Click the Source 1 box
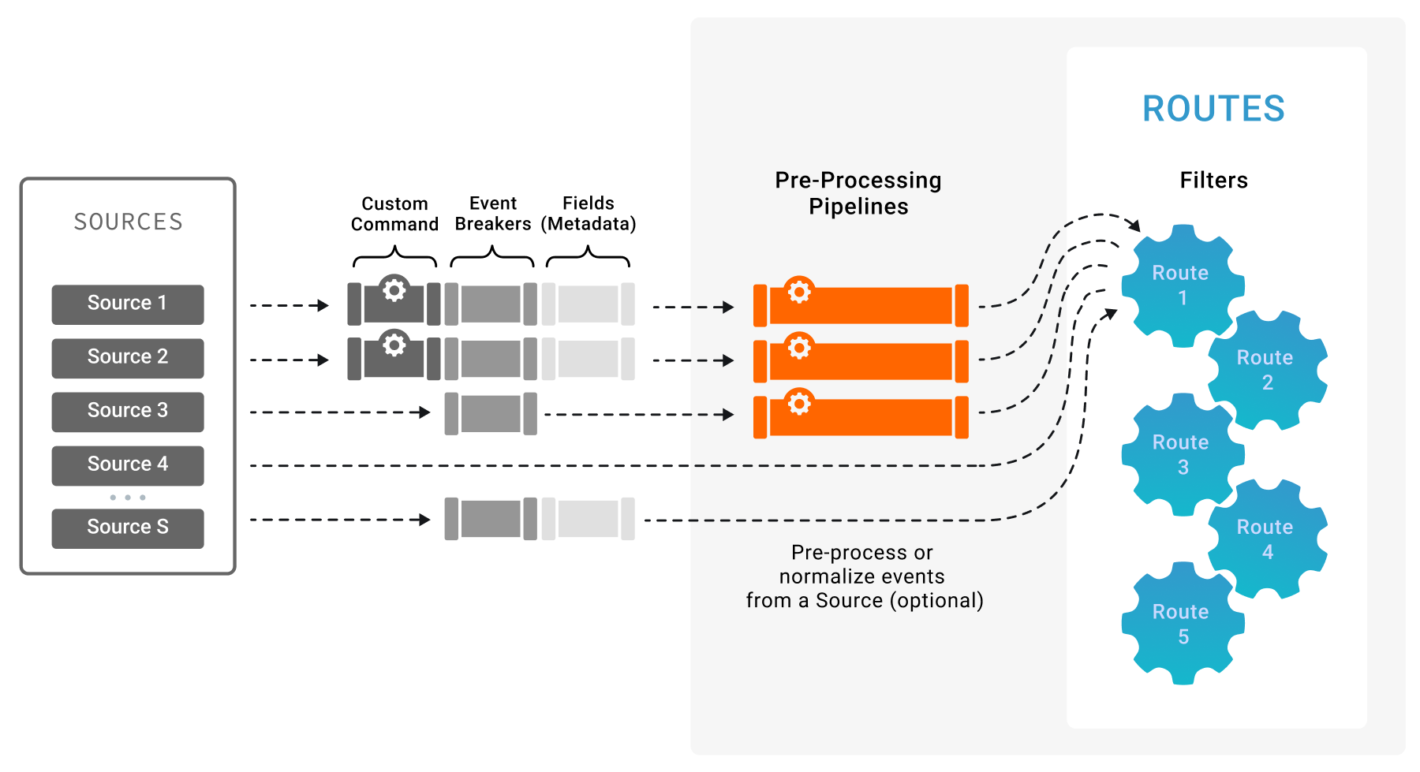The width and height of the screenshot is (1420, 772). pyautogui.click(x=128, y=304)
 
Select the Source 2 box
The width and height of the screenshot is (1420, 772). pyautogui.click(x=128, y=357)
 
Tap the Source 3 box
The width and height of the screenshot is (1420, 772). pyautogui.click(x=128, y=411)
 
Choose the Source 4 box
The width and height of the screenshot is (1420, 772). pyautogui.click(x=128, y=464)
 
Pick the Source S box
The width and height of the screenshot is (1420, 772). pyautogui.click(x=128, y=528)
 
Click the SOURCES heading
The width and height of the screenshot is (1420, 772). pyautogui.click(x=128, y=222)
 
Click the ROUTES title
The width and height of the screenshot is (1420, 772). pyautogui.click(x=1213, y=109)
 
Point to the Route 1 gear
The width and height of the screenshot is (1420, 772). pyautogui.click(x=1181, y=285)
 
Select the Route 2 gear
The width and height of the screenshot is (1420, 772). pyautogui.click(x=1266, y=370)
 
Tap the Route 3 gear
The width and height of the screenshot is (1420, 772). pyautogui.click(x=1181, y=454)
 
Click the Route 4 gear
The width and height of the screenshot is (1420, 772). pyautogui.click(x=1266, y=539)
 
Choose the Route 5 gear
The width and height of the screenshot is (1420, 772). pyautogui.click(x=1181, y=624)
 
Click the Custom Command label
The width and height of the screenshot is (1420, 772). pyautogui.click(x=394, y=214)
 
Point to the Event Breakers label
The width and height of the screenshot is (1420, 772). pyautogui.click(x=493, y=214)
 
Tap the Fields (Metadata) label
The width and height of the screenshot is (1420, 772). pyautogui.click(x=588, y=214)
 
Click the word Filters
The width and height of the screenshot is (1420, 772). pyautogui.click(x=1213, y=181)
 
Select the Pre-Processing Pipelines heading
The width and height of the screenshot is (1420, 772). pyautogui.click(x=858, y=193)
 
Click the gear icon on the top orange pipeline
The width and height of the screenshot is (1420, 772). pyautogui.click(x=799, y=292)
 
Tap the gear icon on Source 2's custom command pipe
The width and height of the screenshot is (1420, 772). pyautogui.click(x=394, y=345)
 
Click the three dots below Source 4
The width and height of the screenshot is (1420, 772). pyautogui.click(x=128, y=498)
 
